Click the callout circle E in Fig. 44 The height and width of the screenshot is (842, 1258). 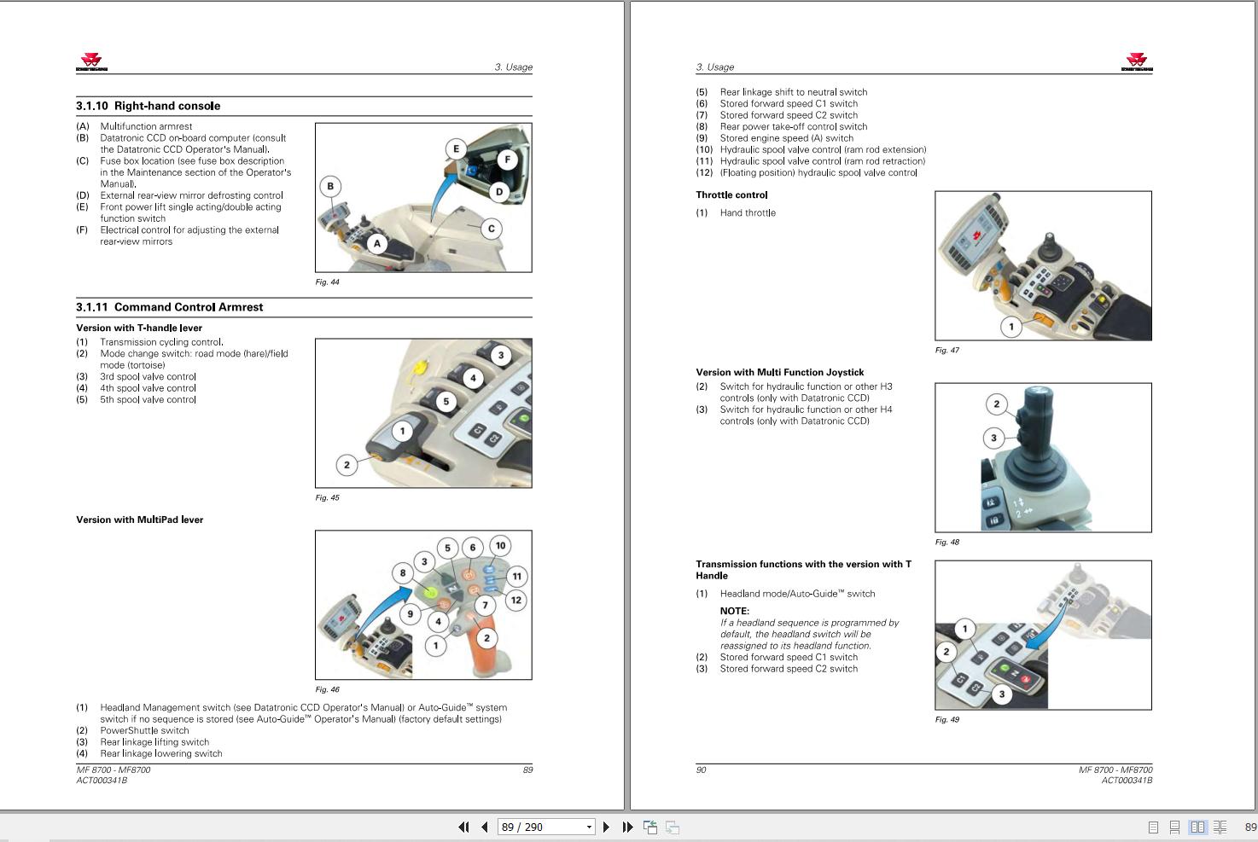point(456,148)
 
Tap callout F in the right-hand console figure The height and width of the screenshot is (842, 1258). point(507,160)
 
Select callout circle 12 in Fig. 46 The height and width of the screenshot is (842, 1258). point(515,600)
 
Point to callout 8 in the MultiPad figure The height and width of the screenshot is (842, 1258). point(402,573)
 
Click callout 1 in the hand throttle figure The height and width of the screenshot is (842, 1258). point(1010,327)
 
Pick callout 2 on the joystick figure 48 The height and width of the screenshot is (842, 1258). point(996,404)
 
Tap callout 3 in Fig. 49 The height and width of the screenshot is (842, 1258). point(1001,694)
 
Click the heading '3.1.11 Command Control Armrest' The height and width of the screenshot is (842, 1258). point(170,307)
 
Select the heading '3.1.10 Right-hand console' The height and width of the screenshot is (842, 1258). point(149,106)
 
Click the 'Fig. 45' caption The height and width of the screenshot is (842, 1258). point(327,497)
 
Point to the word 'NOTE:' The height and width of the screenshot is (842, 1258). point(735,611)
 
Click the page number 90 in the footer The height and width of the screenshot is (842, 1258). point(701,769)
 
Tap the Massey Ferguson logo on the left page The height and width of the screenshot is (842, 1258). point(91,61)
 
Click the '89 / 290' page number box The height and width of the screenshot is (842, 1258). point(546,827)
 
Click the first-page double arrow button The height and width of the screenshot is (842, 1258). point(463,827)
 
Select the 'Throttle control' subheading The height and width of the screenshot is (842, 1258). point(731,195)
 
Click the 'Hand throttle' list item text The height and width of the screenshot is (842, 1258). point(748,212)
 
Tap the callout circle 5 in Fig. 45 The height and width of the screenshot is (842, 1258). point(446,401)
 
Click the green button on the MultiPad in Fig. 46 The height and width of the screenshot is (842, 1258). point(431,592)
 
